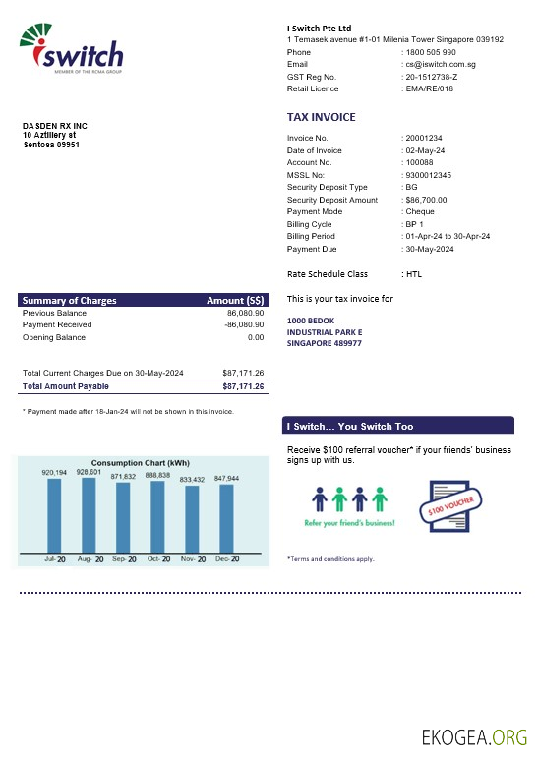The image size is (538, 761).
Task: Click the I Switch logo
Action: click(x=71, y=51)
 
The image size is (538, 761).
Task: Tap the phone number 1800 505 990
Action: click(x=431, y=52)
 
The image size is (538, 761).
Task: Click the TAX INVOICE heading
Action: click(x=321, y=117)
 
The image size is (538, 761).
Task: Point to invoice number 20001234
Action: click(x=425, y=138)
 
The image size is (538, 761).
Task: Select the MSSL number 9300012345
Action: click(x=430, y=175)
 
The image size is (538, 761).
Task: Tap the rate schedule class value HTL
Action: click(x=415, y=274)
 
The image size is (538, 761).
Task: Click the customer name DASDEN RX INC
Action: click(x=55, y=126)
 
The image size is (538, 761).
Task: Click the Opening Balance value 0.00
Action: click(x=256, y=337)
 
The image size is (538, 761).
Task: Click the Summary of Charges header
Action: click(x=70, y=300)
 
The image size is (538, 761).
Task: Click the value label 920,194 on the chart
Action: click(x=54, y=473)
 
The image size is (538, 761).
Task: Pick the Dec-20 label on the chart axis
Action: click(x=227, y=558)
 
